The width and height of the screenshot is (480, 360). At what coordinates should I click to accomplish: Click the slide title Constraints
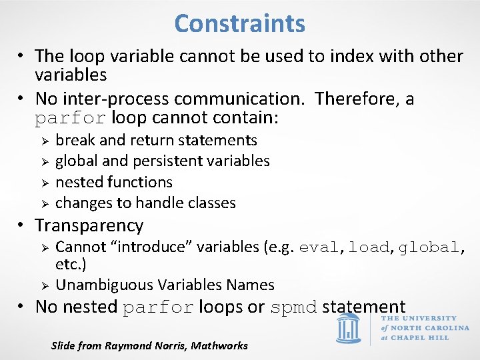point(239,24)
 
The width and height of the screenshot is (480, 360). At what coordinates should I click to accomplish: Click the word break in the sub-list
point(75,140)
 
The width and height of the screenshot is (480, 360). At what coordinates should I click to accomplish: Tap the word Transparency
point(89,225)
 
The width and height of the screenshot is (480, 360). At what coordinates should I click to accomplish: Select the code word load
point(368,247)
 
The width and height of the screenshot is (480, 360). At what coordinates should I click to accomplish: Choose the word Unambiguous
point(104,285)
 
